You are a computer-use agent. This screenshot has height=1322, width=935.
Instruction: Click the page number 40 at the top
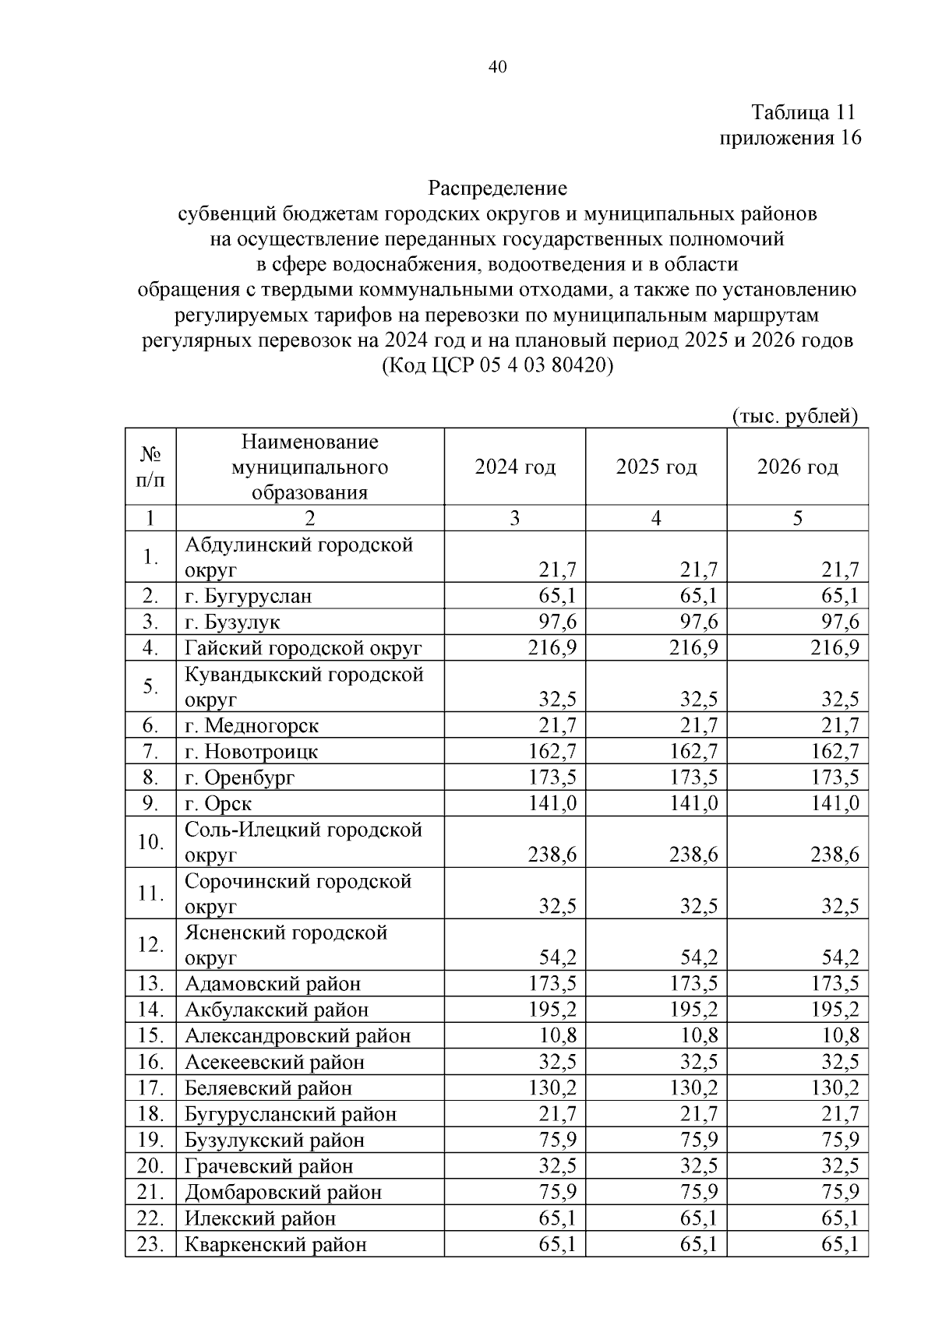click(x=497, y=67)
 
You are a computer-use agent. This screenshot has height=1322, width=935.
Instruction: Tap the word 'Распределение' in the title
click(x=497, y=189)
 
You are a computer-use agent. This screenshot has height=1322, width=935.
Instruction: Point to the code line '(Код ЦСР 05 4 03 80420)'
click(x=497, y=365)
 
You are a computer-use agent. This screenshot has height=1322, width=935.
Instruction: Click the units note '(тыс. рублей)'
click(x=796, y=416)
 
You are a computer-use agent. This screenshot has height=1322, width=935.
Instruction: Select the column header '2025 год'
click(x=656, y=467)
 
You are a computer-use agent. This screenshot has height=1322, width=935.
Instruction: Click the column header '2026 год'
click(x=797, y=467)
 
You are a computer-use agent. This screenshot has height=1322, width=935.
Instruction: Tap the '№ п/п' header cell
click(x=150, y=467)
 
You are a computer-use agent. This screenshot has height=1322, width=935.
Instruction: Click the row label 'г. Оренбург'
click(x=240, y=777)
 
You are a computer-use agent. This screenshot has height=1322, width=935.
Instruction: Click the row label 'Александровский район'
click(x=297, y=1036)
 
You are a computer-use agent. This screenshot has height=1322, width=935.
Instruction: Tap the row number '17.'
click(x=150, y=1088)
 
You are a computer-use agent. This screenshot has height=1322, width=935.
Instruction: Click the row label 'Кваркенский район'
click(x=275, y=1244)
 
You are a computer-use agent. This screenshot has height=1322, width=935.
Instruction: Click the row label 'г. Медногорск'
click(x=251, y=726)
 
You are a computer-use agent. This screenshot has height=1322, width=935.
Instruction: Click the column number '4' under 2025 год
click(x=656, y=518)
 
